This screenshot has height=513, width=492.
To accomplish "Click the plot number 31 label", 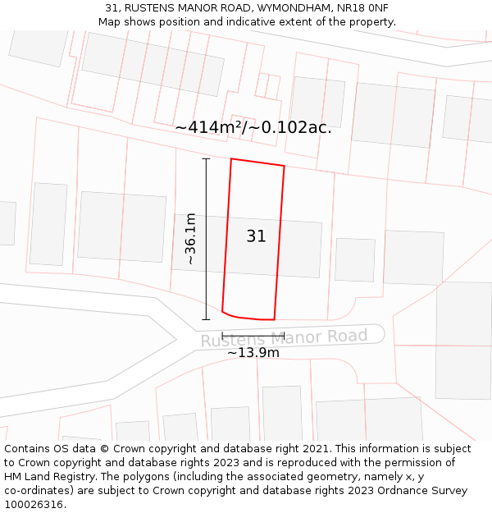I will click(x=256, y=236).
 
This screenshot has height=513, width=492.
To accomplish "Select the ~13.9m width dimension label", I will click(x=253, y=353).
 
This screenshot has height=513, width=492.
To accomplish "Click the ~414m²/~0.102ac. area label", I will click(x=253, y=127).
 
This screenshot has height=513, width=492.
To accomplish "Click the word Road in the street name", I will click(x=348, y=336).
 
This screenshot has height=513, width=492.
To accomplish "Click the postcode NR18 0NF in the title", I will click(x=362, y=8).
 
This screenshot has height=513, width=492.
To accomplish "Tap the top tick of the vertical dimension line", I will click(x=206, y=158).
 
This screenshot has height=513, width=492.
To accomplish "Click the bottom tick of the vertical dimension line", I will click(x=206, y=319).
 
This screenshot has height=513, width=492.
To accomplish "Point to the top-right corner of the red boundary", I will click(x=285, y=167).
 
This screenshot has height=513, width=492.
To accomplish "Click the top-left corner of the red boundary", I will click(x=231, y=158).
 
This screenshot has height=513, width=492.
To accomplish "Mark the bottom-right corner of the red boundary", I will click(x=274, y=319).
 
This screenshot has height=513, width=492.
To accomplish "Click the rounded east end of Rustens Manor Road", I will click(x=379, y=333).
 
